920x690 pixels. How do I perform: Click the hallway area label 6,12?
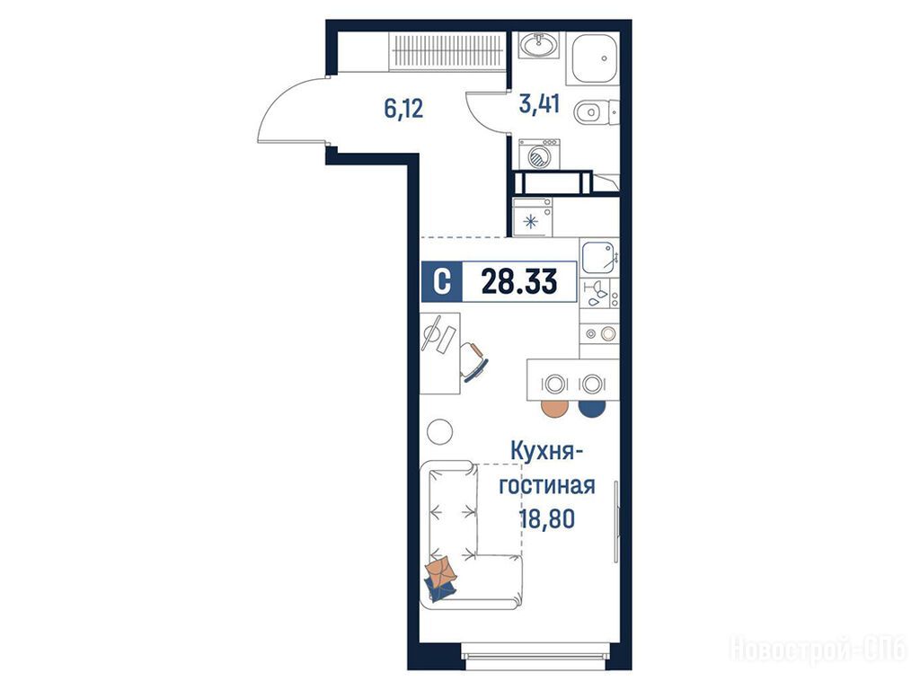pos(403,109)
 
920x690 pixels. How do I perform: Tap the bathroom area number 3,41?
pos(540,104)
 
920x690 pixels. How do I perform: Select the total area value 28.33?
pos(519,281)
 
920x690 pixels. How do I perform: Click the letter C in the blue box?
pos(442,281)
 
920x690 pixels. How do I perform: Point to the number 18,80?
pos(546,518)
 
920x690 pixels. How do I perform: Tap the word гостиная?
pos(547,486)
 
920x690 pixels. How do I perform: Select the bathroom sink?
pos(539,46)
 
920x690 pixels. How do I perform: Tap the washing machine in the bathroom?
pos(539,155)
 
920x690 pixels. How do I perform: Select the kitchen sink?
pos(599,257)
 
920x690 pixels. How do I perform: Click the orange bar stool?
pos(555,407)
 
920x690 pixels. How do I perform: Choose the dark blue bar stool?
pos(592,407)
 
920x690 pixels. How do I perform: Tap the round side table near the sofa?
pos(439,432)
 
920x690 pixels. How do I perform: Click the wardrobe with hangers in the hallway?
pos(446,50)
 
